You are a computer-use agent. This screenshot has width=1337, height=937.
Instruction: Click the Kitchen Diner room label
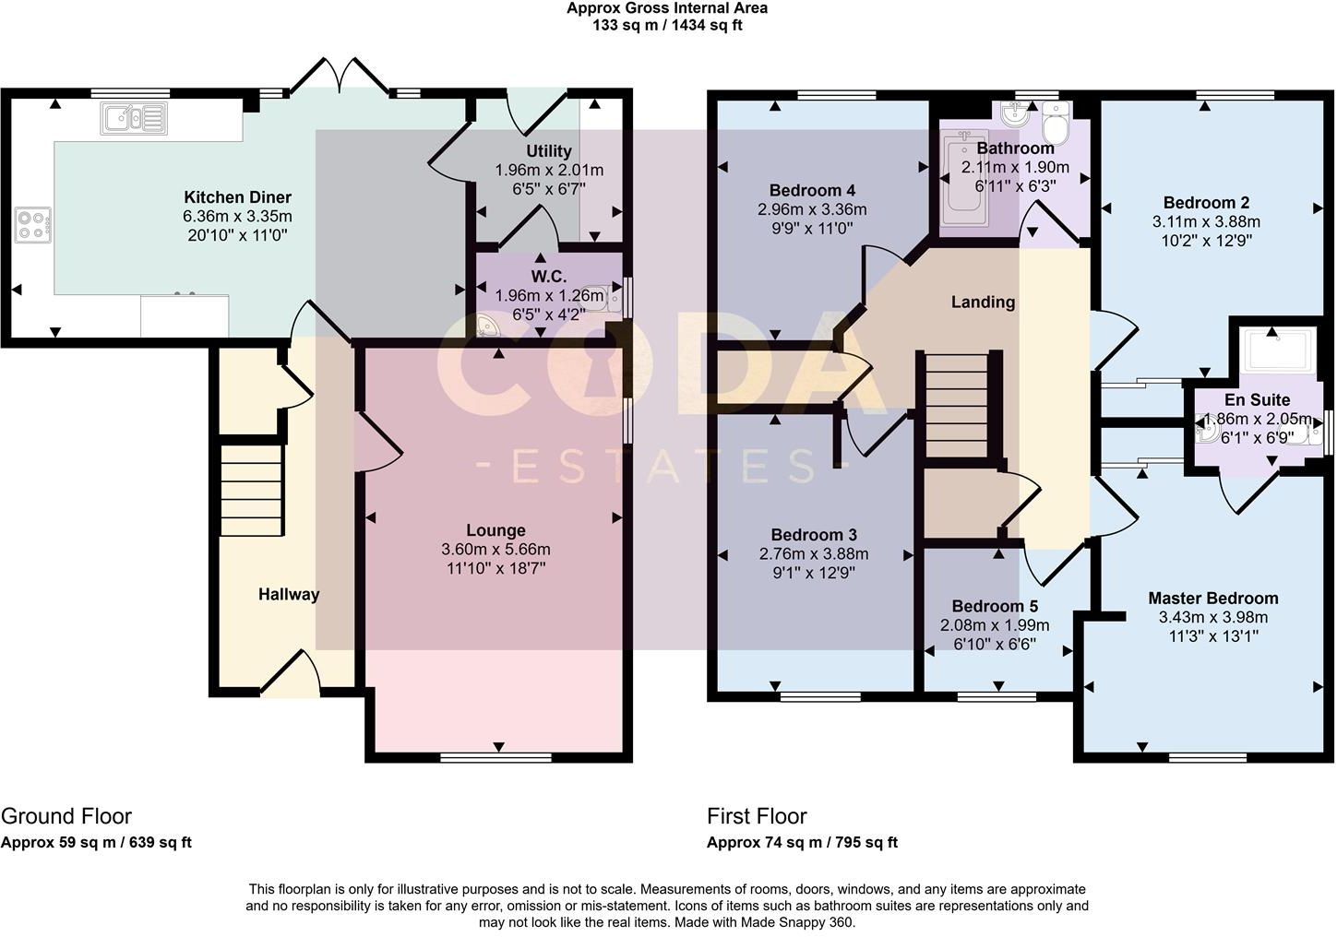(237, 197)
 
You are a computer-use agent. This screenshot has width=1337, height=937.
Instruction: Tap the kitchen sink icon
(135, 119)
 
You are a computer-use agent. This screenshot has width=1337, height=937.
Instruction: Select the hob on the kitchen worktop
(33, 225)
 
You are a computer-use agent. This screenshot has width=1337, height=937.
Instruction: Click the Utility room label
(549, 151)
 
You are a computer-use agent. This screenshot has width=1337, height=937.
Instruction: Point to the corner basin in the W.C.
(489, 326)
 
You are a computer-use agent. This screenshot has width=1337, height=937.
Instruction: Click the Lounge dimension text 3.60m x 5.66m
(495, 550)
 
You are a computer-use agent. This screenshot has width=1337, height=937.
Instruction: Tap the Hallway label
(288, 595)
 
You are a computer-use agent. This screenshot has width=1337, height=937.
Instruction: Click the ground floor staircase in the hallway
(251, 489)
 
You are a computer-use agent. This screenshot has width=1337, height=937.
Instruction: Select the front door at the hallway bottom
(291, 673)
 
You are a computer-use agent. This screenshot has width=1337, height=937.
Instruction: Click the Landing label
(983, 302)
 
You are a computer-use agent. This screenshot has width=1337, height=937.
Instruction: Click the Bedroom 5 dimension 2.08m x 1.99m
(995, 625)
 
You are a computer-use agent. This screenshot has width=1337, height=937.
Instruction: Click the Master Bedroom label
(1212, 599)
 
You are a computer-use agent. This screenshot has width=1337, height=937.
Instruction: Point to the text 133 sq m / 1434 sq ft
(667, 26)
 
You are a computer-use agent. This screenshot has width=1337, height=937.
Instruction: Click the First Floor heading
(757, 816)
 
